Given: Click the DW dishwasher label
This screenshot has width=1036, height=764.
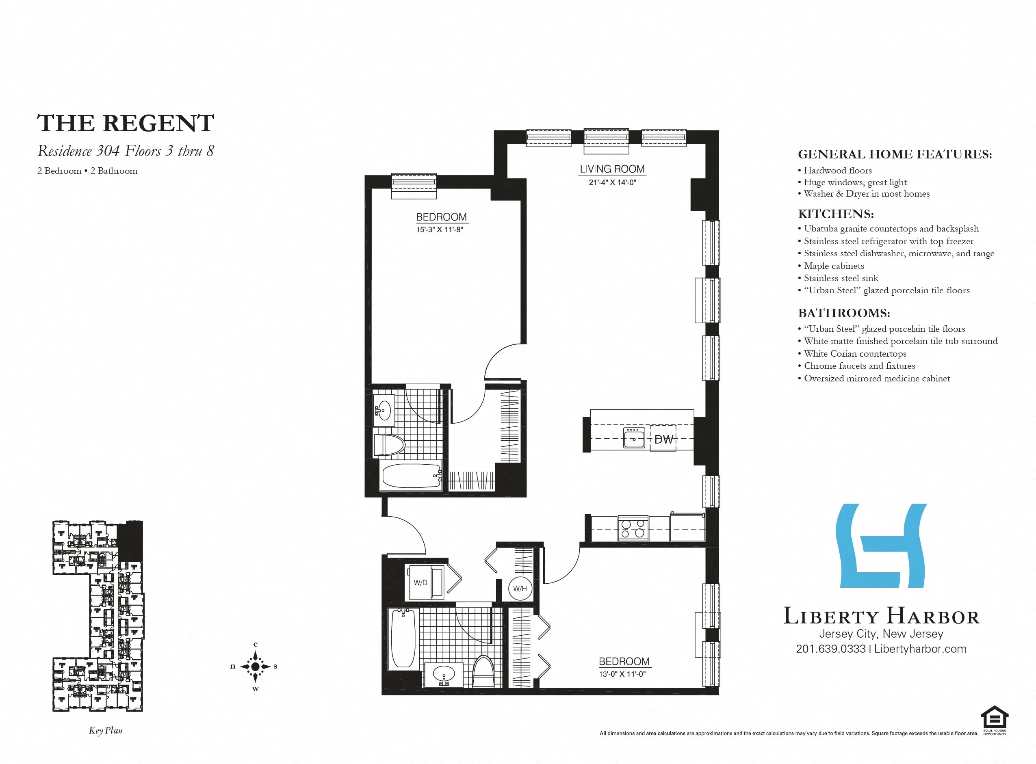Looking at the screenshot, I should (663, 439).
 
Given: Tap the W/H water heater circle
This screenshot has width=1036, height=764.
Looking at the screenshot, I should (520, 589).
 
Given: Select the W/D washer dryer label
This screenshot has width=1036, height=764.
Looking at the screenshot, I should (420, 583).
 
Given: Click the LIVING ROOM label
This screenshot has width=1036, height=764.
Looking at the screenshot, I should (612, 169).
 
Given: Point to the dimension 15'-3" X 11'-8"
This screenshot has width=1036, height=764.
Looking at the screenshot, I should (439, 229).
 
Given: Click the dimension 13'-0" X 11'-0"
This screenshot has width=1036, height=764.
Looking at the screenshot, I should (622, 674).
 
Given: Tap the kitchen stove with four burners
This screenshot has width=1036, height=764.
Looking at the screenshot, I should (633, 528).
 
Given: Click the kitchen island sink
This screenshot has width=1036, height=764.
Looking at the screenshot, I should (634, 437).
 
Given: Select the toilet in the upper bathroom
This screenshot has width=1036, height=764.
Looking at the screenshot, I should (388, 445).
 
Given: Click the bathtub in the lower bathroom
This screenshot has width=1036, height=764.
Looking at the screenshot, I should (403, 638).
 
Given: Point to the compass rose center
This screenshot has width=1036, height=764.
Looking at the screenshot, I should (255, 667).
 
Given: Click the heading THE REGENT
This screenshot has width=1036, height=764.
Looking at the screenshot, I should (126, 123).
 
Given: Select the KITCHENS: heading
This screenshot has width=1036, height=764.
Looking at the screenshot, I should (836, 214).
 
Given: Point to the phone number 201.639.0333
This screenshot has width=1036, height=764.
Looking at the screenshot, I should (831, 649).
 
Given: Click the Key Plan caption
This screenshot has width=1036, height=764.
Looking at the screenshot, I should (106, 730).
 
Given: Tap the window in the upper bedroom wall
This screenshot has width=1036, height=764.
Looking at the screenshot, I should (414, 186).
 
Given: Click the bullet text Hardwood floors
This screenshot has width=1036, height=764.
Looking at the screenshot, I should (838, 170).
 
